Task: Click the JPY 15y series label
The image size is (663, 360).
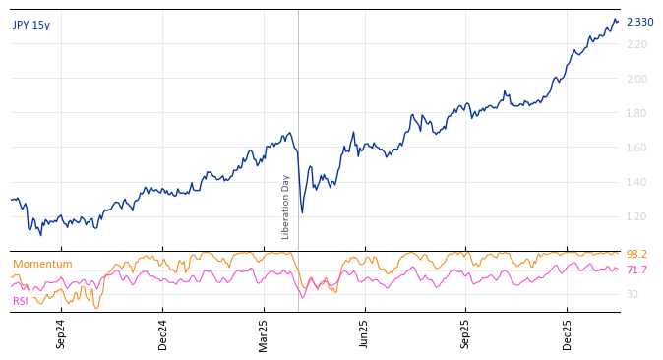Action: click(x=31, y=25)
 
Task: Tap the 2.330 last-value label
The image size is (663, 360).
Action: click(x=639, y=22)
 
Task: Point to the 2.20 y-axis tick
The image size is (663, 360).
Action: click(x=636, y=44)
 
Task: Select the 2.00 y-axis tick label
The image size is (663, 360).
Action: click(x=636, y=79)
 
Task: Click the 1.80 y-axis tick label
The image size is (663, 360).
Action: click(x=636, y=113)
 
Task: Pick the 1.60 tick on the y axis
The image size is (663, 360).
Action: click(x=636, y=148)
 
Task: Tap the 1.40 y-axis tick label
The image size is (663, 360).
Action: click(x=636, y=182)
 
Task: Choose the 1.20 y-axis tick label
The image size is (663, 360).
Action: click(x=636, y=216)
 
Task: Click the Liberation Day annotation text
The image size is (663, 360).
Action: click(x=286, y=207)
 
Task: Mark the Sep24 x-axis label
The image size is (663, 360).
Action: click(x=61, y=333)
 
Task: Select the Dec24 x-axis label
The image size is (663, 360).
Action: click(x=163, y=333)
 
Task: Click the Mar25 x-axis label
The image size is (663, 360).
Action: click(x=264, y=333)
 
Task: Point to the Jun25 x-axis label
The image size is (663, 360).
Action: click(x=364, y=333)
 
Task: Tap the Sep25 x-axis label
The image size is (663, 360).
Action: click(x=466, y=333)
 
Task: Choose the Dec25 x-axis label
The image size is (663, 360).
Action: click(x=568, y=333)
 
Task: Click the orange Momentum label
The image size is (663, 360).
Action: click(x=42, y=264)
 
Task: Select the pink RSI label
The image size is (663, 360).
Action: click(x=21, y=301)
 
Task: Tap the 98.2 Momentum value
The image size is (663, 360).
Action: click(x=636, y=254)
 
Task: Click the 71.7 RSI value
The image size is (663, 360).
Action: click(x=636, y=270)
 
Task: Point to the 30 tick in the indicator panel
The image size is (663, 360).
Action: click(x=633, y=294)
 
